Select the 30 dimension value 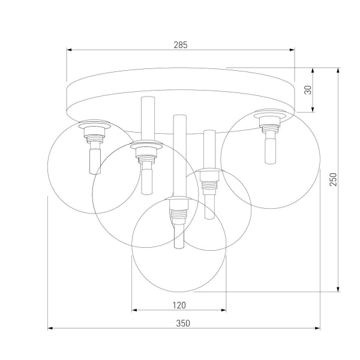click(308, 89)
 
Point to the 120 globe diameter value click(179, 305)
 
